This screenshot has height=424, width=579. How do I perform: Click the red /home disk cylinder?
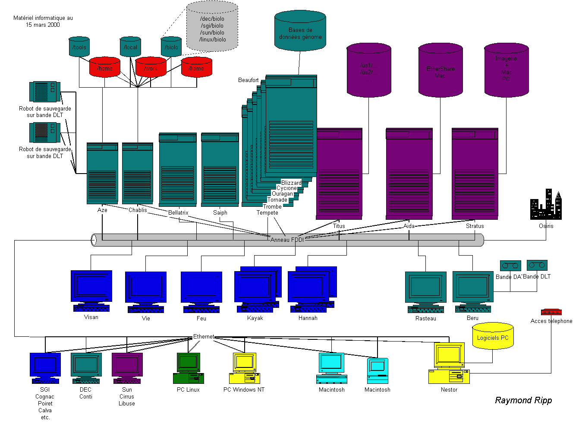104,67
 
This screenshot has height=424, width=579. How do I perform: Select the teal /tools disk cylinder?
79,47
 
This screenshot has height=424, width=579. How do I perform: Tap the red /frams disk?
197,67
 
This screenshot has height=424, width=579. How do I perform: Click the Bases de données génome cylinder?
300,31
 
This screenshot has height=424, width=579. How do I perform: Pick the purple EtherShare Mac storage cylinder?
441,70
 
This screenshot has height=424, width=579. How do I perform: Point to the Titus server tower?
339,174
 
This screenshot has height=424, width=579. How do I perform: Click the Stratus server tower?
475,174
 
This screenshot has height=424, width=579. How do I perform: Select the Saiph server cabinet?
220,170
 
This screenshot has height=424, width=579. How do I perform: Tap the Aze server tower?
102,173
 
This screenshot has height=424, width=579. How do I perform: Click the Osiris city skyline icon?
546,205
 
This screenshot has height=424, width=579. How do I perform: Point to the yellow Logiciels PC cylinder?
493,336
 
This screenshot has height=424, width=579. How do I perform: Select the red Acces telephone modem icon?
551,312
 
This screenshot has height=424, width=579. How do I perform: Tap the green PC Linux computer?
189,368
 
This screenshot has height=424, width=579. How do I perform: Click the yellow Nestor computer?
449,363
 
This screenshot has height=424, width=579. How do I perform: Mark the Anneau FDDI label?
287,240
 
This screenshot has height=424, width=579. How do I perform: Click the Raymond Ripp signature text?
523,400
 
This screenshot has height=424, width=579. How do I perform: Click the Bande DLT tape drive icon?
537,265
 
